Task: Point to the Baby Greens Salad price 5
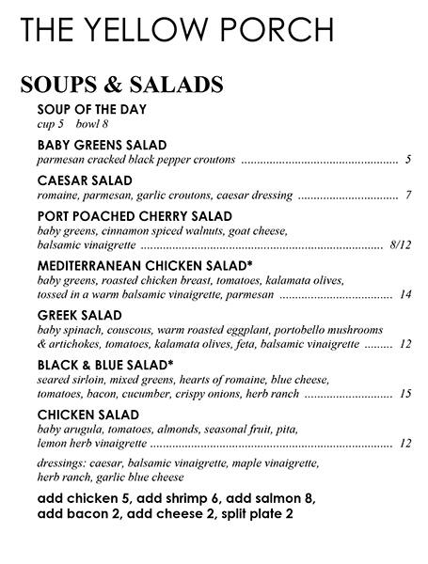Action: (x=408, y=160)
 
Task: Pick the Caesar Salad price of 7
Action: (x=409, y=196)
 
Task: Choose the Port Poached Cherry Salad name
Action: (x=135, y=217)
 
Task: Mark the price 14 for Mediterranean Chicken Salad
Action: (x=405, y=295)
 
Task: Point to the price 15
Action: (x=405, y=393)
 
